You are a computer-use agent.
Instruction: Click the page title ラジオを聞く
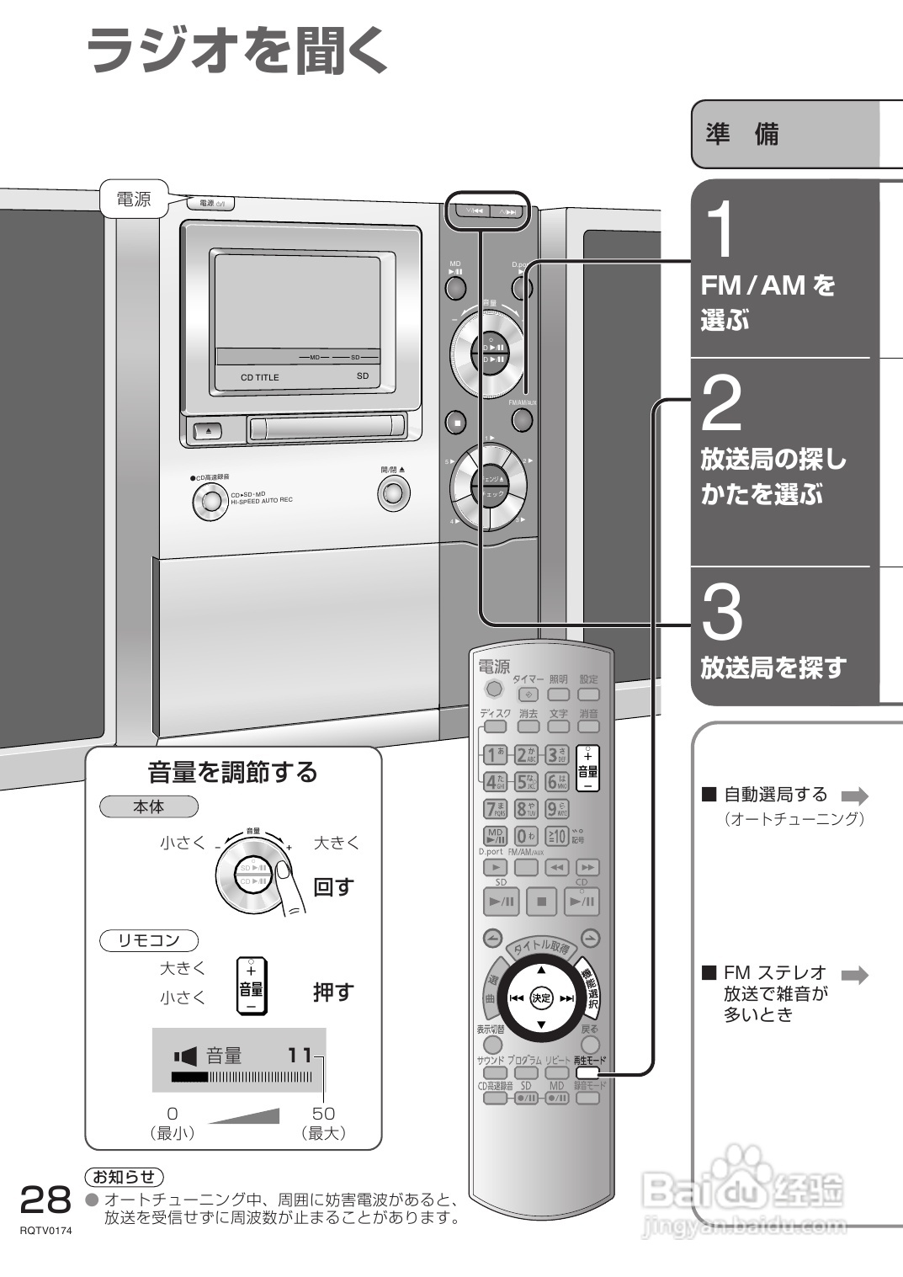coord(236,50)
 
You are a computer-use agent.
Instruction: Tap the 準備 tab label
coord(742,135)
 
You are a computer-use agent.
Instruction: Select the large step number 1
coord(720,230)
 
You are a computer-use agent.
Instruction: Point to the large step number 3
coord(722,612)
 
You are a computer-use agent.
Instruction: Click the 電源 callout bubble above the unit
coord(133,200)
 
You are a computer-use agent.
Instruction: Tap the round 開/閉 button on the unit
coord(393,492)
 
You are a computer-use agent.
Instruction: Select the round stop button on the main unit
coord(456,422)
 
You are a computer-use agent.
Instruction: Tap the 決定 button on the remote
coord(541,998)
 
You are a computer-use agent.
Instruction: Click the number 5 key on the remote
coord(526,782)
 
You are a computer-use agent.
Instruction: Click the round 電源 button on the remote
coord(494,689)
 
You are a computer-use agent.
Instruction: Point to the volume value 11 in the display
coord(300,1055)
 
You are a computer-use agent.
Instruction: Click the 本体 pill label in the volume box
coord(149,806)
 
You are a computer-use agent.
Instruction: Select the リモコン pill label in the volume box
coord(149,940)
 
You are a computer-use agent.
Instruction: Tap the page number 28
coord(45,1200)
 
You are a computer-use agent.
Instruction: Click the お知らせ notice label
coord(125,1176)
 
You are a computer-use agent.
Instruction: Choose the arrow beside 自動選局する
coord(854,795)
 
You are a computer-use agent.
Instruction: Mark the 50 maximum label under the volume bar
coord(323,1113)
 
